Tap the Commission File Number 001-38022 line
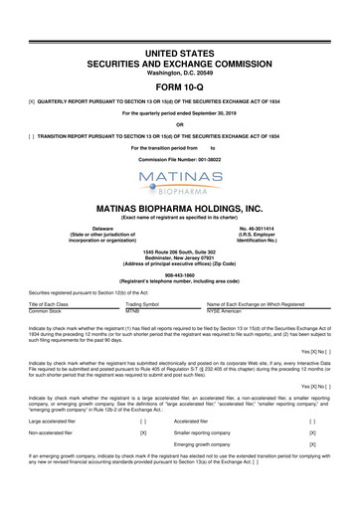pyautogui.click(x=180, y=134)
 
